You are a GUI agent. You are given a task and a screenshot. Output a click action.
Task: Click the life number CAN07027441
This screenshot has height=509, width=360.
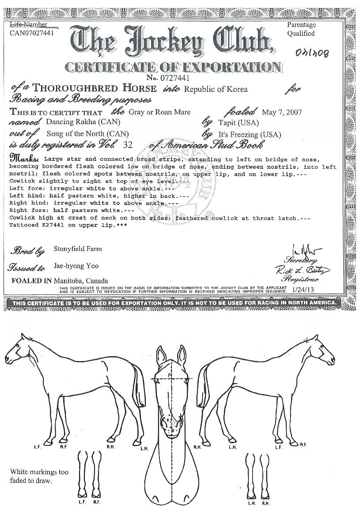32,32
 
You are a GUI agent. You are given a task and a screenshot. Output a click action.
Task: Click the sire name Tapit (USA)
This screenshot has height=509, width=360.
239,122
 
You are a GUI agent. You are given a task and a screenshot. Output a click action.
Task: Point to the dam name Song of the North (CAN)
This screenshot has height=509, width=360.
82,134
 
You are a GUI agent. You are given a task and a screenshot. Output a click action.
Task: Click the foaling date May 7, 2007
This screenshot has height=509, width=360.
282,112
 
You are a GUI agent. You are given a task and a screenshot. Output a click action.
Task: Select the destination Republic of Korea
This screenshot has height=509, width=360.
216,89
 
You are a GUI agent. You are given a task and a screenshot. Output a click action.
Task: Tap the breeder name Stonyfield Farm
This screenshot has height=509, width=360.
77,249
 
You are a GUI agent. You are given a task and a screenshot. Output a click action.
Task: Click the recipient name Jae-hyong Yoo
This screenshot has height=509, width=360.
76,266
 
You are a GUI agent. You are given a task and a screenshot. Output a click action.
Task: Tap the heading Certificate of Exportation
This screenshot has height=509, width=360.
173,68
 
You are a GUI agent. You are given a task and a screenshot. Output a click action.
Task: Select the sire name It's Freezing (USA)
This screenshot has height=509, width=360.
250,134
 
